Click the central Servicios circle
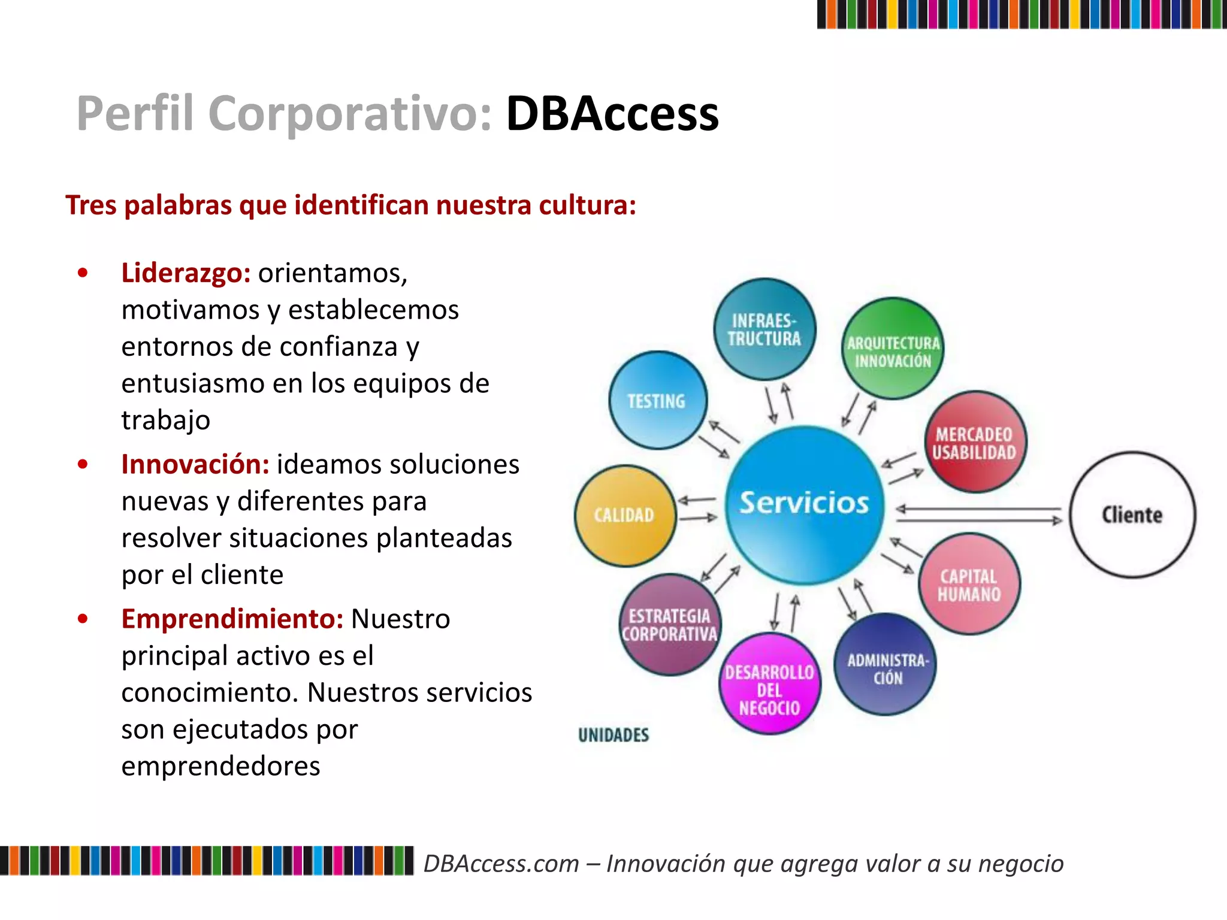[804, 504]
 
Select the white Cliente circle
[1132, 515]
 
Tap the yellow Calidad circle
[625, 515]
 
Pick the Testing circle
[657, 400]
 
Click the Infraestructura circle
[764, 329]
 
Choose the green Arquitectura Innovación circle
[893, 349]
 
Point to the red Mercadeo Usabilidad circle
[975, 442]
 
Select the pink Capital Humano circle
[969, 584]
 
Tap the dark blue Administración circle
[886, 665]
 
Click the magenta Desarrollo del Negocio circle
[770, 684]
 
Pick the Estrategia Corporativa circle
[670, 624]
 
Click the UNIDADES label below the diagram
[613, 735]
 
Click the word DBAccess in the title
[612, 114]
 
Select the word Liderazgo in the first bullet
[186, 273]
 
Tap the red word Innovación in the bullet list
[195, 465]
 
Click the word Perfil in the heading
[135, 114]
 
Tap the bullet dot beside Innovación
[83, 464]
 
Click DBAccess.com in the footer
[501, 864]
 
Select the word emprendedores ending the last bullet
[220, 766]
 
